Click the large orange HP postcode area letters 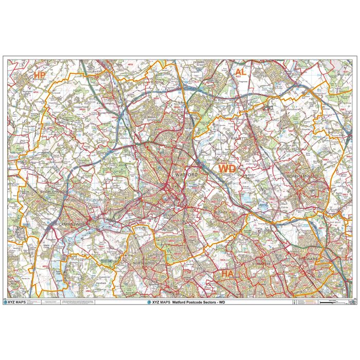click(x=38, y=75)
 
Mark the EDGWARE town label click(x=309, y=259)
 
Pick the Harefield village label click(x=100, y=283)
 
